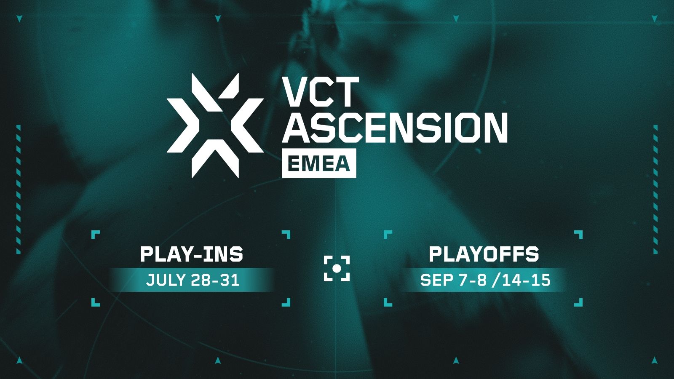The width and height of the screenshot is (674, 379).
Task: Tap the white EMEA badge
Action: [x=318, y=163]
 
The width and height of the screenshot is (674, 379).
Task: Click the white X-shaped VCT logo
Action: [x=215, y=125]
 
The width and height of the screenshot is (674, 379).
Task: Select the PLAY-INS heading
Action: [x=192, y=254]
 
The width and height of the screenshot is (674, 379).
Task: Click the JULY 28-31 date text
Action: [x=193, y=280]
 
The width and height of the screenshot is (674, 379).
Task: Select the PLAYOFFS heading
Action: [x=484, y=254]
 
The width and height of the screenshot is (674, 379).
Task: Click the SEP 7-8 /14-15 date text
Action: [x=485, y=280]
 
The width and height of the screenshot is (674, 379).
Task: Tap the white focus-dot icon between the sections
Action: [x=337, y=268]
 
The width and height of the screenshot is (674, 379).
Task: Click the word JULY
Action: [x=165, y=280]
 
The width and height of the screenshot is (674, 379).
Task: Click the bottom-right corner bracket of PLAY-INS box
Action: [x=286, y=302]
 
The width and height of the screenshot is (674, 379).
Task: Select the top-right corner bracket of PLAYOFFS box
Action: [x=579, y=234]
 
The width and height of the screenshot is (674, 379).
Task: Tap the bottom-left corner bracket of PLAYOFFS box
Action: [x=387, y=302]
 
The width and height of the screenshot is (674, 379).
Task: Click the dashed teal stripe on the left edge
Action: [x=19, y=189]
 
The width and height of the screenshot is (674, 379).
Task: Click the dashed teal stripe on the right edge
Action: [x=655, y=189]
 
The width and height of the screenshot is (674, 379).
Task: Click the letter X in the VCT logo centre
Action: [x=215, y=125]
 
